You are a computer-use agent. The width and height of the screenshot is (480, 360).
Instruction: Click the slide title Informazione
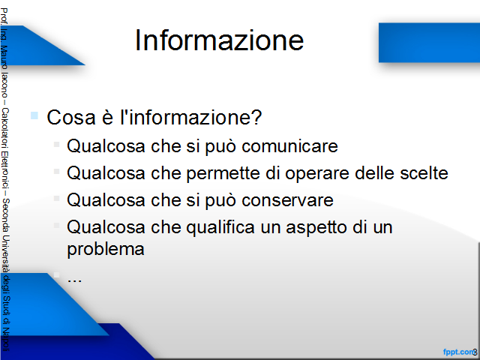pyautogui.click(x=219, y=40)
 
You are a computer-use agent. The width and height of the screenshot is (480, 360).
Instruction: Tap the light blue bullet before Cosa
pyautogui.click(x=34, y=115)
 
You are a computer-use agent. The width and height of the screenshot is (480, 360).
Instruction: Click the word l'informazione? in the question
pyautogui.click(x=191, y=117)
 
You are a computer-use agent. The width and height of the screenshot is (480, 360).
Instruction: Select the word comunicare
pyautogui.click(x=289, y=145)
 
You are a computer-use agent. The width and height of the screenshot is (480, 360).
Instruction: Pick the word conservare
pyautogui.click(x=287, y=200)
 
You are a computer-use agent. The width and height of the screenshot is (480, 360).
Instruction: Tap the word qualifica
pyautogui.click(x=220, y=228)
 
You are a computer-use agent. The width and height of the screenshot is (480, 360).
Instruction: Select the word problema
pyautogui.click(x=106, y=249)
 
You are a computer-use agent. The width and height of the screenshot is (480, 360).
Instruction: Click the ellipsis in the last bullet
pyautogui.click(x=74, y=280)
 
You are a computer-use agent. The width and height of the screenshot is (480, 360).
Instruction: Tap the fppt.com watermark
pyautogui.click(x=458, y=352)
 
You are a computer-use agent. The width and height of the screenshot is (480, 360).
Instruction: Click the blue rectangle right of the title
pyautogui.click(x=429, y=43)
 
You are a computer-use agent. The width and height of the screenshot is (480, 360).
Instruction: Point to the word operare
pyautogui.click(x=317, y=173)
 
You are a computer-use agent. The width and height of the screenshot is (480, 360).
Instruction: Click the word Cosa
pyautogui.click(x=71, y=117)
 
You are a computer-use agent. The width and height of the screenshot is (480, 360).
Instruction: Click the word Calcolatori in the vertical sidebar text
pyautogui.click(x=5, y=127)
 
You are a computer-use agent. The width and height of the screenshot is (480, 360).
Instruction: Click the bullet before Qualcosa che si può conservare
pyautogui.click(x=56, y=198)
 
